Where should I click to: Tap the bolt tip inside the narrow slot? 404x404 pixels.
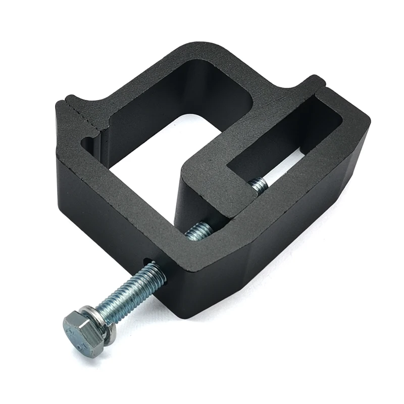(x=258, y=185)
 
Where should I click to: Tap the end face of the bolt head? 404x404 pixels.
(x=76, y=336)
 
